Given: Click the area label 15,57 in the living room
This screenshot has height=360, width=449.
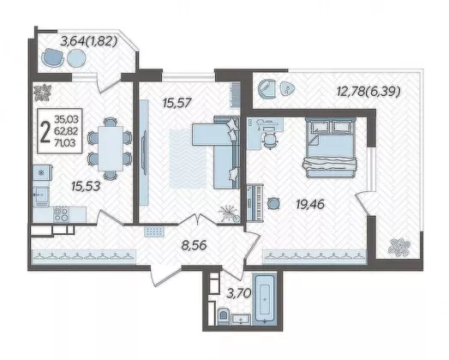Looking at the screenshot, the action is coord(177,103).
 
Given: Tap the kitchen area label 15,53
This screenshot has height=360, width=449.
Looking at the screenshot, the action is coord(86,187).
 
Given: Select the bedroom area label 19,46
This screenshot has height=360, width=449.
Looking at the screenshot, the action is coord(310,205).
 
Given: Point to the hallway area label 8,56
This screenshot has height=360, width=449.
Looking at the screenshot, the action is coord(195,245).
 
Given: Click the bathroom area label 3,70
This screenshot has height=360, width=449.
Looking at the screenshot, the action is coord(239,293).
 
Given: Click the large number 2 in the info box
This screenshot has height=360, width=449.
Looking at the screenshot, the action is coord(45,132).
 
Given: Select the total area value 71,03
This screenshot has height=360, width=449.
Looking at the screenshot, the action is coord(66,142).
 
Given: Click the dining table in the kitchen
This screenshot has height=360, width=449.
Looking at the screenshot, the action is coord(110,148).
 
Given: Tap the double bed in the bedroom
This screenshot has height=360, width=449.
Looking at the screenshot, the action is coord(330,147).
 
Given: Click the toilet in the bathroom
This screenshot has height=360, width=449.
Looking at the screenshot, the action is coord(223,316).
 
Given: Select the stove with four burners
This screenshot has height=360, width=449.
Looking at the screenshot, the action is coord(62,214).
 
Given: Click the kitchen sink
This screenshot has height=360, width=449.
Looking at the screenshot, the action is coord(41,195).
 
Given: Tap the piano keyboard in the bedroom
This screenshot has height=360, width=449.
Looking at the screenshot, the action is coord(254,203).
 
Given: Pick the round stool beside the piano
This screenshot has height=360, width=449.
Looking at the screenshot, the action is coord(274,204).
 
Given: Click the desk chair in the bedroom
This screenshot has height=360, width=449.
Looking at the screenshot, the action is coord(270,140).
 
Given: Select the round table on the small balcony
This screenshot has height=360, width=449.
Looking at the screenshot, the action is coord(76,58).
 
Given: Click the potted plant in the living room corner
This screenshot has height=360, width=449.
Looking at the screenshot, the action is coord(230,213).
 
